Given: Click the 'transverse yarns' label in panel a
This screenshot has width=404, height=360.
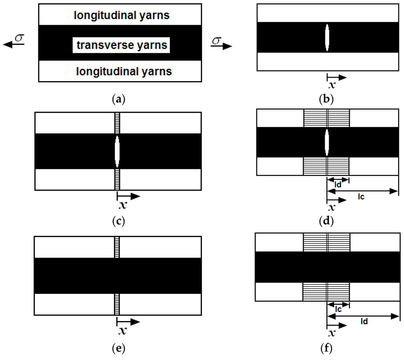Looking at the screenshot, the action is [122, 45].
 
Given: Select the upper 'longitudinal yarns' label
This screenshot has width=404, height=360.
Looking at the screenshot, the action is [122, 15].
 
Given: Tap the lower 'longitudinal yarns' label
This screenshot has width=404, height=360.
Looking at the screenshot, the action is [124, 71].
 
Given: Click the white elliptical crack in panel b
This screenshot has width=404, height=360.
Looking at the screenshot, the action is [327, 37].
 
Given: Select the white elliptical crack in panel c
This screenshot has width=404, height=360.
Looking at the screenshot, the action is [117, 152].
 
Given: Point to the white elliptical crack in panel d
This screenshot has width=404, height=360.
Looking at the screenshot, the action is [327, 143].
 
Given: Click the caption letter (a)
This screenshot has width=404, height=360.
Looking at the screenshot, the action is [119, 99].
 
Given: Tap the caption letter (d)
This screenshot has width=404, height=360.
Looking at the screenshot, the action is [326, 221].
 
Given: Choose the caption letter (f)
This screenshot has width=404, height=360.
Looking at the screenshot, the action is [326, 348].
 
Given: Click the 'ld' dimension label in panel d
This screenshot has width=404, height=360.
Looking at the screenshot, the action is [338, 185].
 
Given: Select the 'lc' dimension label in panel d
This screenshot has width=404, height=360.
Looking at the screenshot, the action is [361, 197].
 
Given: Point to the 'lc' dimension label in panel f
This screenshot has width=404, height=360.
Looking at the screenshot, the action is [338, 309].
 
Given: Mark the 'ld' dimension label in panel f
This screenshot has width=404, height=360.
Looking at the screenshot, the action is [364, 321].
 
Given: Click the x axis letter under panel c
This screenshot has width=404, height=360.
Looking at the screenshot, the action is [123, 205].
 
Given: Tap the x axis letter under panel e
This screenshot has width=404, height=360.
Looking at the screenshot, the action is [123, 331].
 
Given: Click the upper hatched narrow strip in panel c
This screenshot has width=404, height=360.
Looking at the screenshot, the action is [117, 123].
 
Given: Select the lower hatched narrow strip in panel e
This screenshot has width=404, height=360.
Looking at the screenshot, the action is [117, 304].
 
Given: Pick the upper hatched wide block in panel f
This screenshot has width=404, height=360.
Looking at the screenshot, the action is [327, 243].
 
